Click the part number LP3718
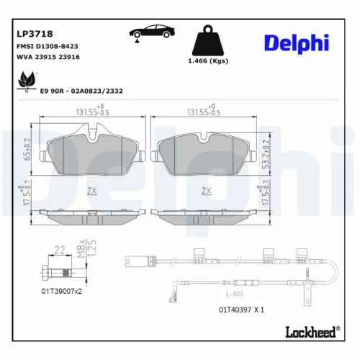[x=30, y=32]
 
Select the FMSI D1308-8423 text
[x=47, y=45]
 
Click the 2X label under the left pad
[x=91, y=190]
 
